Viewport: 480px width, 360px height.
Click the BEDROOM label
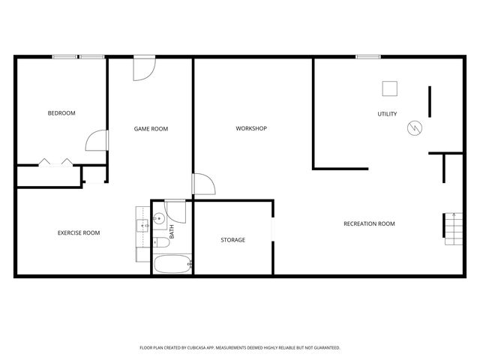point(61,113)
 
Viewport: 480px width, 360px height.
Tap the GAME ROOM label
point(151,129)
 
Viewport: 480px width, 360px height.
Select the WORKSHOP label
point(251,129)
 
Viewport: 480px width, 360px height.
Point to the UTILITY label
point(387,114)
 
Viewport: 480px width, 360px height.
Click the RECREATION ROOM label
point(369,223)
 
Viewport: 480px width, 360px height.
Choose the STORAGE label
point(232,240)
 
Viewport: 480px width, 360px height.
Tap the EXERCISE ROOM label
point(79,232)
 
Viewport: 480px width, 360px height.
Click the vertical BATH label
point(172,232)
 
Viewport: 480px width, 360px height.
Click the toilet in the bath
point(160,242)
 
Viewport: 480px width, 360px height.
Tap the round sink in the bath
point(159,220)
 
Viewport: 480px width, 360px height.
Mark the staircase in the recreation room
point(453,228)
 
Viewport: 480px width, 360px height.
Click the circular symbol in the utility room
point(414,128)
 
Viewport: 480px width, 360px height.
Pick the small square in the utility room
point(389,88)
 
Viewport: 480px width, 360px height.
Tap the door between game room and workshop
point(203,184)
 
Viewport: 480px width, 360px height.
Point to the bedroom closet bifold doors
point(56,161)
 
